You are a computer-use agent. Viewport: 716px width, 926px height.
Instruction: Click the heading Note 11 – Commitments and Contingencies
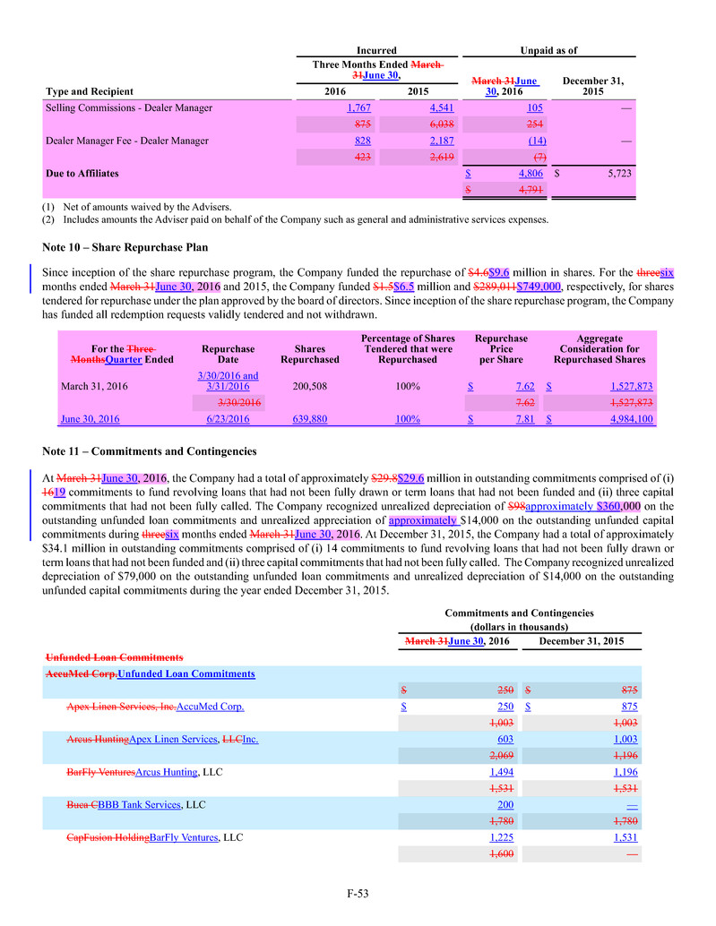point(149,450)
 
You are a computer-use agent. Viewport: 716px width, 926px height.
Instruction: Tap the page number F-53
point(358,893)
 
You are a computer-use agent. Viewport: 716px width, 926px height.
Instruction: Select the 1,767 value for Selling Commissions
point(334,108)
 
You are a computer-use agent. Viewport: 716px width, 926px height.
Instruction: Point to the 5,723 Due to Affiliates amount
point(616,173)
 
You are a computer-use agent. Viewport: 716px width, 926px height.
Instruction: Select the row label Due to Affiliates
point(82,173)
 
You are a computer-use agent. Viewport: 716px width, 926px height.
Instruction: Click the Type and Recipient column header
point(89,91)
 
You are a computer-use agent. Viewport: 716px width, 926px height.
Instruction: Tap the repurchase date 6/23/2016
point(228,419)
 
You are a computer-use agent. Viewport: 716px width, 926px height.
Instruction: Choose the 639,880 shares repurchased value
point(309,419)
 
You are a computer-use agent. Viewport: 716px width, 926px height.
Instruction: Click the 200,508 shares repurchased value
point(309,387)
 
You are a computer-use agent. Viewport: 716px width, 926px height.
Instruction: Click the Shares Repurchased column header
point(309,354)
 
